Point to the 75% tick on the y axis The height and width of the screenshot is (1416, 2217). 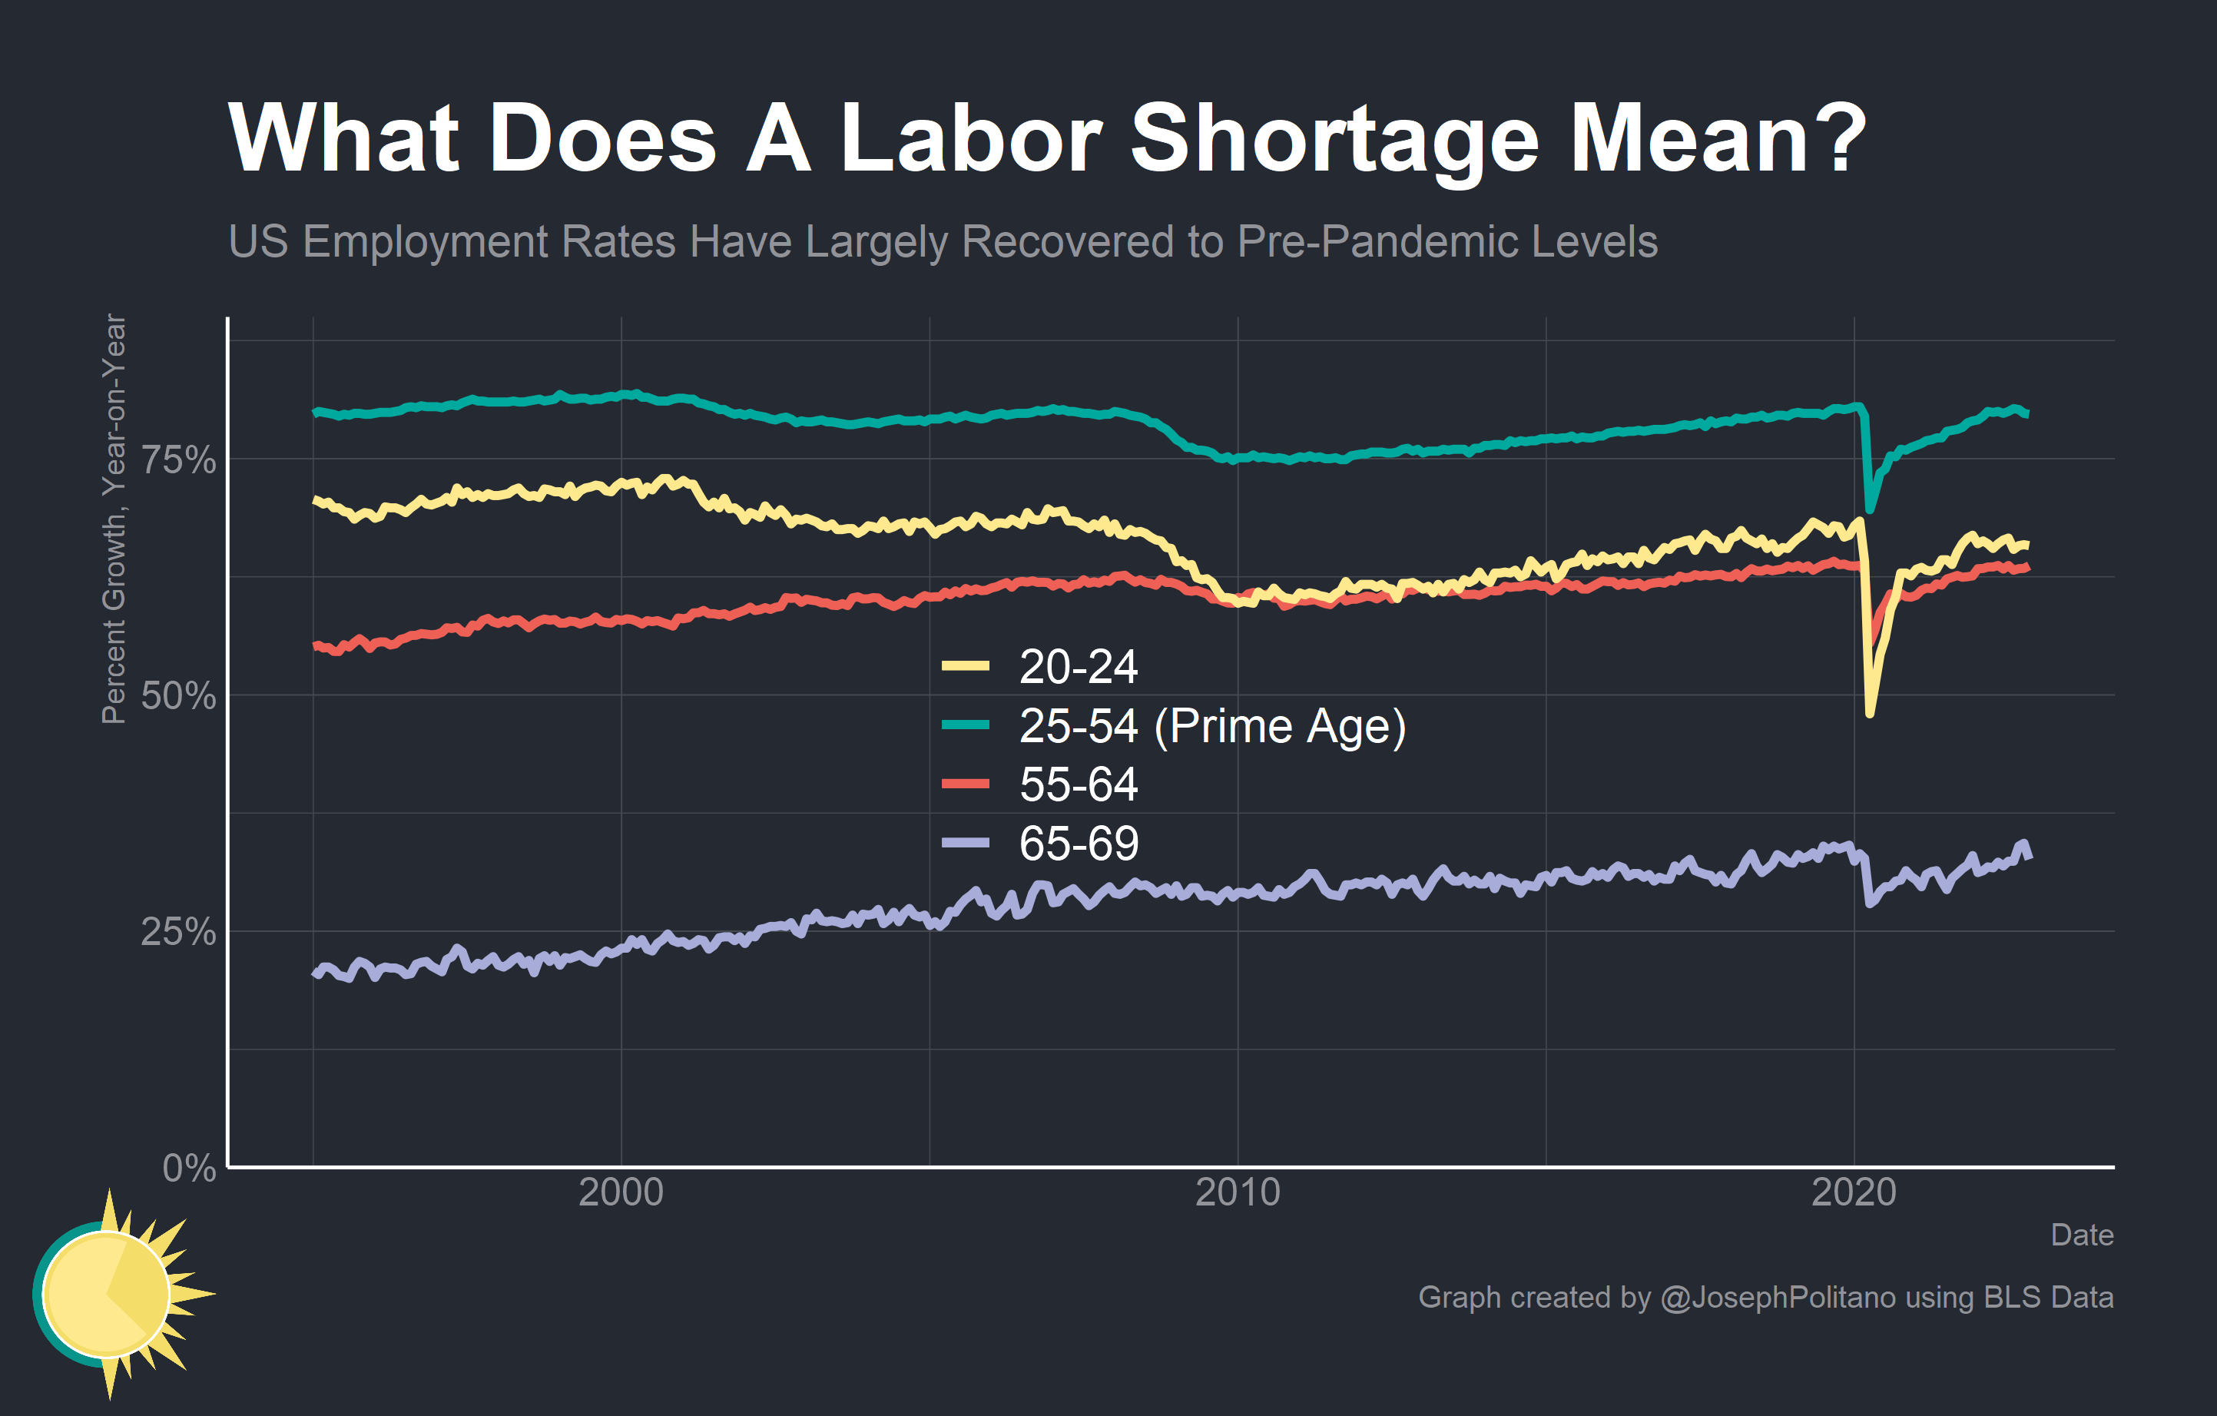click(x=177, y=459)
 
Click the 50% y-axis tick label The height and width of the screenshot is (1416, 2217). click(x=177, y=696)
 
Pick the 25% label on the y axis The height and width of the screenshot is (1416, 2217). click(x=177, y=932)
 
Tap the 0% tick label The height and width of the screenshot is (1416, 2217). click(x=189, y=1169)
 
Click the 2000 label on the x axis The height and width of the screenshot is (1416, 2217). click(x=621, y=1193)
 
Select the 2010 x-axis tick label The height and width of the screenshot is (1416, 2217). click(x=1238, y=1193)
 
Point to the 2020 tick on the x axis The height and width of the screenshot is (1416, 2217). click(x=1854, y=1193)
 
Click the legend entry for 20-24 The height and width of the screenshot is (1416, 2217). click(x=1077, y=667)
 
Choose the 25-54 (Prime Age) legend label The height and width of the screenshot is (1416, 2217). click(x=1211, y=725)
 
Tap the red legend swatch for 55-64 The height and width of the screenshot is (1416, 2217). click(x=965, y=784)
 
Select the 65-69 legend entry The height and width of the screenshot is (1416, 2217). click(x=1077, y=844)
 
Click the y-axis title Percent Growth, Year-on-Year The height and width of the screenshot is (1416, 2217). click(x=113, y=519)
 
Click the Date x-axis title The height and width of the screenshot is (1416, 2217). click(x=2082, y=1235)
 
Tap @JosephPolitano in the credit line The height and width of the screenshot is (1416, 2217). click(x=1777, y=1297)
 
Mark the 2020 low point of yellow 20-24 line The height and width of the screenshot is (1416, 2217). click(x=1869, y=712)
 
